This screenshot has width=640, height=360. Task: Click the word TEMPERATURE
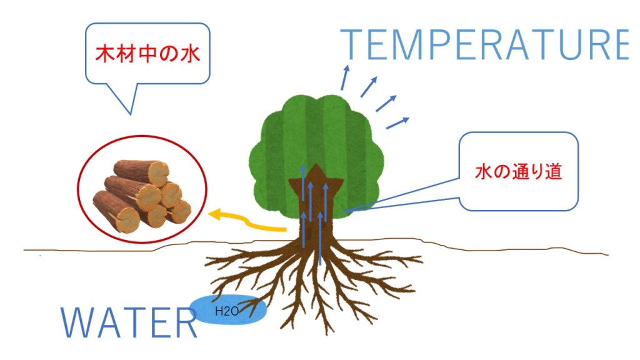(484, 44)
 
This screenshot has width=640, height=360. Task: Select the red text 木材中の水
(147, 54)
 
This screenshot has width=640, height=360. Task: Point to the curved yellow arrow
(250, 222)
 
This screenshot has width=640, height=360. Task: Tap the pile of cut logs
(142, 193)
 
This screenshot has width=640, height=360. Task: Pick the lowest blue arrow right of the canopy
(397, 122)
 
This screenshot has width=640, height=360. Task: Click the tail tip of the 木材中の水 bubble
(131, 114)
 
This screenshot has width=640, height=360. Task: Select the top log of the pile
(142, 171)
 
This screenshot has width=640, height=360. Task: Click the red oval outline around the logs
(77, 194)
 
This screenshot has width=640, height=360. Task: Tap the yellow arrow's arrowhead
(214, 216)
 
